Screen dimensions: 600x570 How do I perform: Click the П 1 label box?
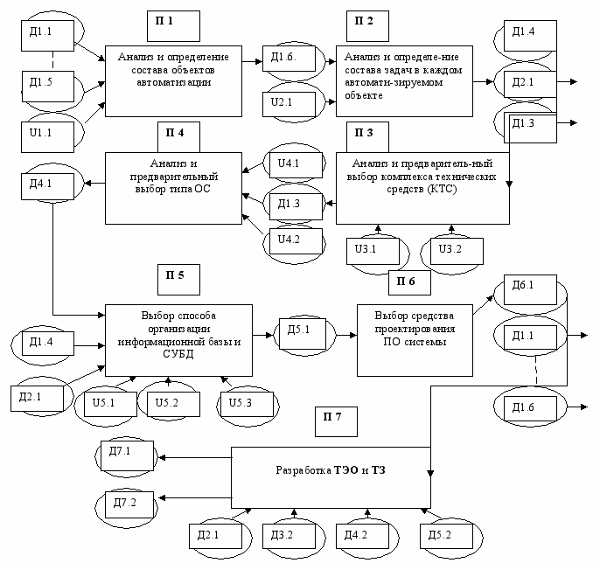click(x=173, y=26)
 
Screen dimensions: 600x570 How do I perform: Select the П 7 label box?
click(x=336, y=421)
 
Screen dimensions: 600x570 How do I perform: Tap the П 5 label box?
click(x=178, y=280)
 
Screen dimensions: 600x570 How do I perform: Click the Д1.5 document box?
click(x=48, y=87)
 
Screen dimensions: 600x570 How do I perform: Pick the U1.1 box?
click(x=47, y=137)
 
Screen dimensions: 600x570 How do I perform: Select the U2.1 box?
click(x=289, y=104)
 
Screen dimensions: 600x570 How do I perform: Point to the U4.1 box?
click(x=296, y=165)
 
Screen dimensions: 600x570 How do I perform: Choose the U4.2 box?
click(x=296, y=241)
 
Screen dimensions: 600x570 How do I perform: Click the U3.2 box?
click(x=457, y=251)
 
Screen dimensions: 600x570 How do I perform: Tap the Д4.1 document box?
click(x=47, y=186)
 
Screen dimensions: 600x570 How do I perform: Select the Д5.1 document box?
click(x=303, y=334)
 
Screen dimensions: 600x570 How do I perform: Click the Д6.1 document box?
click(x=530, y=289)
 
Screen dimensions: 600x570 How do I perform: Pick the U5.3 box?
click(x=248, y=404)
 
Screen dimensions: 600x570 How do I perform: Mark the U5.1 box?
click(x=110, y=404)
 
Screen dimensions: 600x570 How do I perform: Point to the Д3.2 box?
click(x=289, y=536)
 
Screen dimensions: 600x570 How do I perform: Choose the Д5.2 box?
click(x=447, y=536)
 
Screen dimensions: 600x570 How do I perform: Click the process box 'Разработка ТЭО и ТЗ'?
click(x=331, y=477)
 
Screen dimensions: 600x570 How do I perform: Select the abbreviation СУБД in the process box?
click(x=178, y=354)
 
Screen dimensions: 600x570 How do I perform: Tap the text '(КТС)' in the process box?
click(x=443, y=190)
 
